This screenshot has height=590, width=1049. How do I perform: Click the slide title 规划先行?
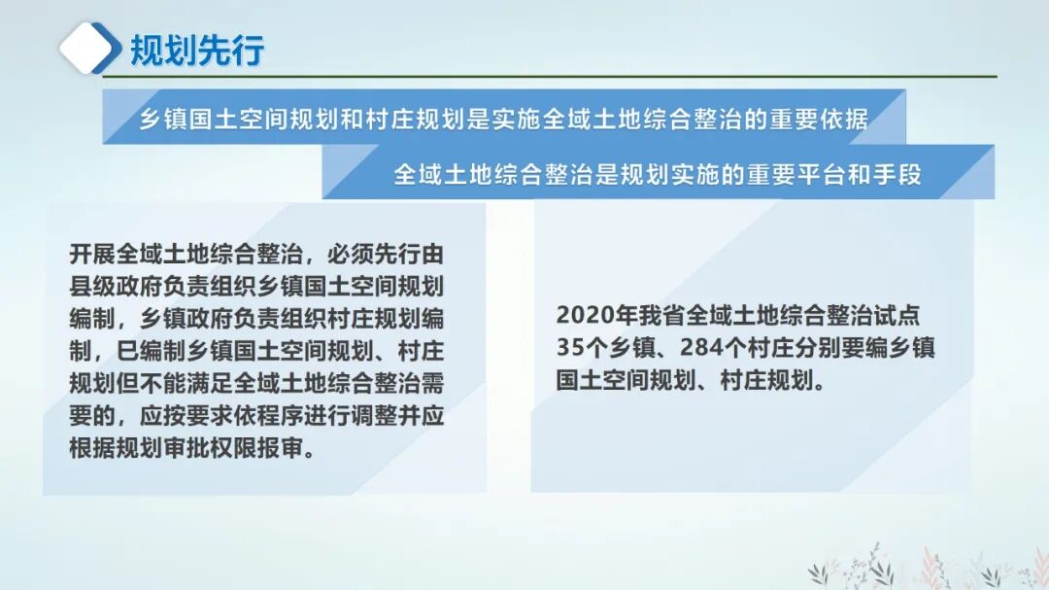197,51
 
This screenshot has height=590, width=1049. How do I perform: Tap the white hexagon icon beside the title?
90,48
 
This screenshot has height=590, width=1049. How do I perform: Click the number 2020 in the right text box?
581,317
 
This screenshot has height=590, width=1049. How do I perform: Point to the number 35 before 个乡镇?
569,348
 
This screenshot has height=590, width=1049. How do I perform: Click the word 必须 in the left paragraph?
350,256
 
